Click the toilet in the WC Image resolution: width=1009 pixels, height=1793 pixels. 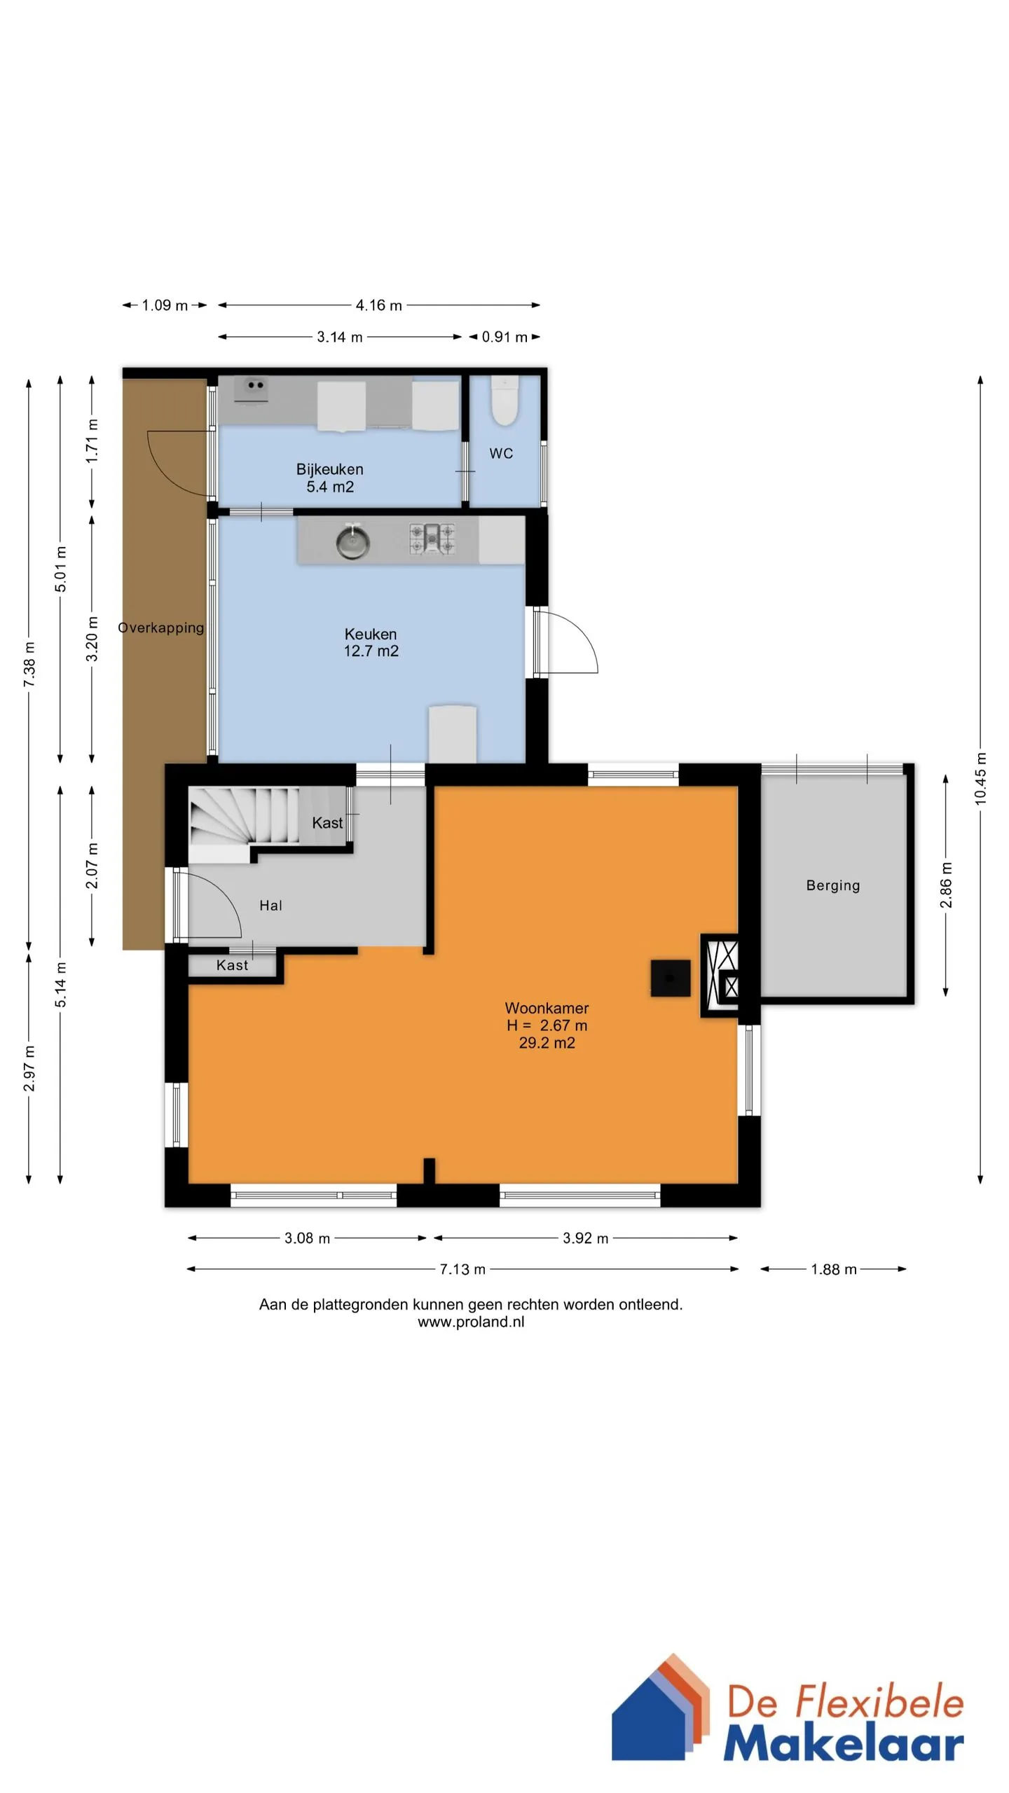click(x=504, y=401)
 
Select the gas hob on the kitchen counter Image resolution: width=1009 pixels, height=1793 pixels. click(x=432, y=539)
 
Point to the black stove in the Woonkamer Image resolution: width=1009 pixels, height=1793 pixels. click(x=670, y=978)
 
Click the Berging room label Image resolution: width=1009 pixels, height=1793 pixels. click(x=833, y=885)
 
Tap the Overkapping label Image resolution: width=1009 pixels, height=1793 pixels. click(x=161, y=628)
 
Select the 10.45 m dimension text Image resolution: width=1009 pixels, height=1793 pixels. click(x=980, y=778)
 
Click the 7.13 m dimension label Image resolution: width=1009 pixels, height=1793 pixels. click(x=462, y=1269)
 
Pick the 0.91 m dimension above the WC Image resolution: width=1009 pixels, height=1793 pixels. click(x=504, y=337)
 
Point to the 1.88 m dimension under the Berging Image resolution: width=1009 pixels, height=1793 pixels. click(x=834, y=1269)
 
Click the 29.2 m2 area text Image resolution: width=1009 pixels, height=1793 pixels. click(x=547, y=1043)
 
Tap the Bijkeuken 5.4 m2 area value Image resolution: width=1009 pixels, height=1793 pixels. click(x=330, y=487)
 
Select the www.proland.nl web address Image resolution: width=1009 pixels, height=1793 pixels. click(x=471, y=1322)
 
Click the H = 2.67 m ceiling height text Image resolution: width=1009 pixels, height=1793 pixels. click(x=547, y=1025)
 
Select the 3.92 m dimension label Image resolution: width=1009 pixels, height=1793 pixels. click(x=586, y=1238)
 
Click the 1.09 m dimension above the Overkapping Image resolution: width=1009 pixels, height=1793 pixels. click(x=165, y=305)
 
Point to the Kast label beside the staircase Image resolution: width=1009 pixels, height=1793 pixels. click(x=327, y=823)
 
